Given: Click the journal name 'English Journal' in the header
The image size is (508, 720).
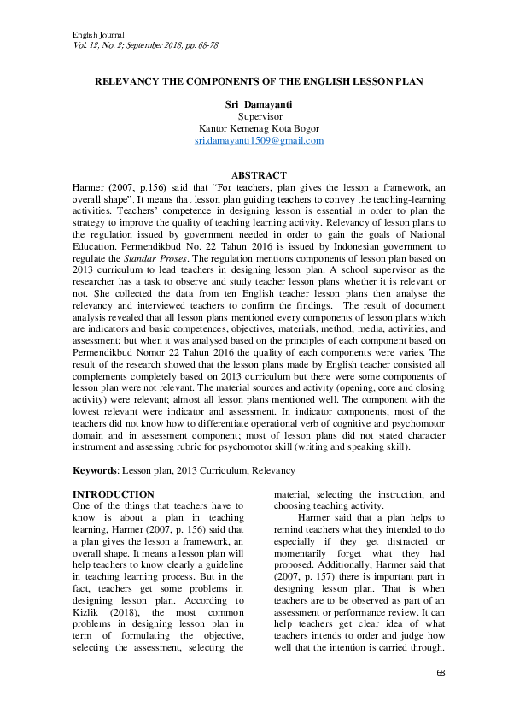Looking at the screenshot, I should [x=89, y=32].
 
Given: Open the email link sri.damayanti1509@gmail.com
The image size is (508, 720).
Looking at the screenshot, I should [x=259, y=140].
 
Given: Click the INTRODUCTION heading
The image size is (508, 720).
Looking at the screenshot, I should [x=114, y=494].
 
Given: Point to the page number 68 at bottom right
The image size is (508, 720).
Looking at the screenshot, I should [x=441, y=675].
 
